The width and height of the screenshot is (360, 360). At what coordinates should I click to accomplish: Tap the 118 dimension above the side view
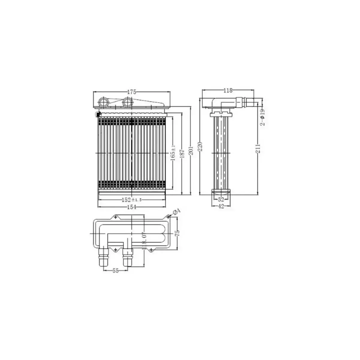point(228,90)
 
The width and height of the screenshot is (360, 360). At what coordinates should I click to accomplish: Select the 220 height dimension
point(201,146)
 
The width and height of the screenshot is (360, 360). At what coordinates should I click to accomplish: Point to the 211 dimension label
point(258,148)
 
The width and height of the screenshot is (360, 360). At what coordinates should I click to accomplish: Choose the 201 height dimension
point(191,151)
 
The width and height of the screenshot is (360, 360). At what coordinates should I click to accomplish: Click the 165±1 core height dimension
point(173,153)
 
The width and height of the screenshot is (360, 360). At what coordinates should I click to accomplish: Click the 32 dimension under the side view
point(221,199)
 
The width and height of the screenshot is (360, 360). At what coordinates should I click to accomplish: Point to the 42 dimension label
point(221,206)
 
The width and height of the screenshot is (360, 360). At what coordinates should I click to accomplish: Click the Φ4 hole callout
point(177,212)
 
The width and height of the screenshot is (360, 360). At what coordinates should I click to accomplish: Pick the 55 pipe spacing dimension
point(116,270)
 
